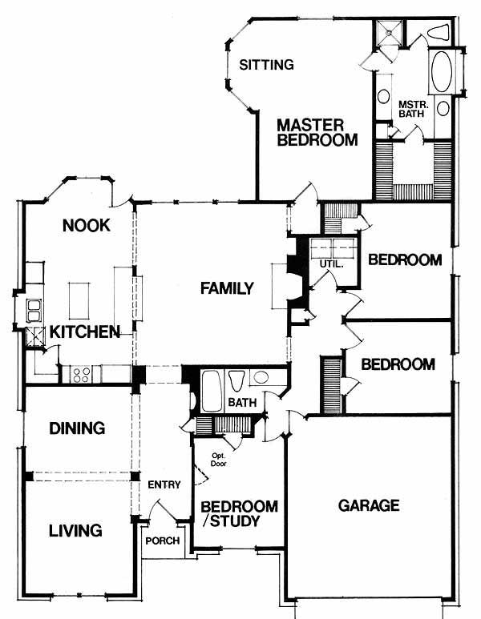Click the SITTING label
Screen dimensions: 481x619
(x=266, y=64)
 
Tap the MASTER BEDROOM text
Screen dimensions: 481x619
(x=317, y=133)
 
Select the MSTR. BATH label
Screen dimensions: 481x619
(x=411, y=109)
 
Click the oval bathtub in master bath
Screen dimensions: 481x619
(x=442, y=71)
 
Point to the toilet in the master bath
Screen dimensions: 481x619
(x=439, y=32)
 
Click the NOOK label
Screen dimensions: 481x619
(x=86, y=225)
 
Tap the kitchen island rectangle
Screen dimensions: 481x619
(x=79, y=301)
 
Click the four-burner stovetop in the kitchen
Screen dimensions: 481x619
(x=81, y=375)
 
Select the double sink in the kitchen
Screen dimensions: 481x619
(x=34, y=311)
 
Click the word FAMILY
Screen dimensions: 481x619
(x=227, y=288)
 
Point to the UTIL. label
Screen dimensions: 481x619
(x=332, y=263)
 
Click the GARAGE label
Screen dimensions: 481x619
(x=369, y=505)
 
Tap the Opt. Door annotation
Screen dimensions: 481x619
(x=219, y=460)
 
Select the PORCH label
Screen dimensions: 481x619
(x=163, y=541)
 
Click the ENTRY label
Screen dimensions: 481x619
(x=164, y=484)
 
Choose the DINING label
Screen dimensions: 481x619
(x=77, y=428)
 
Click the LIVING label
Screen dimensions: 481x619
(x=75, y=530)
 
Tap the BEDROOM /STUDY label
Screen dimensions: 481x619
(x=240, y=513)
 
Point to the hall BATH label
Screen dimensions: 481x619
(x=242, y=403)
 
